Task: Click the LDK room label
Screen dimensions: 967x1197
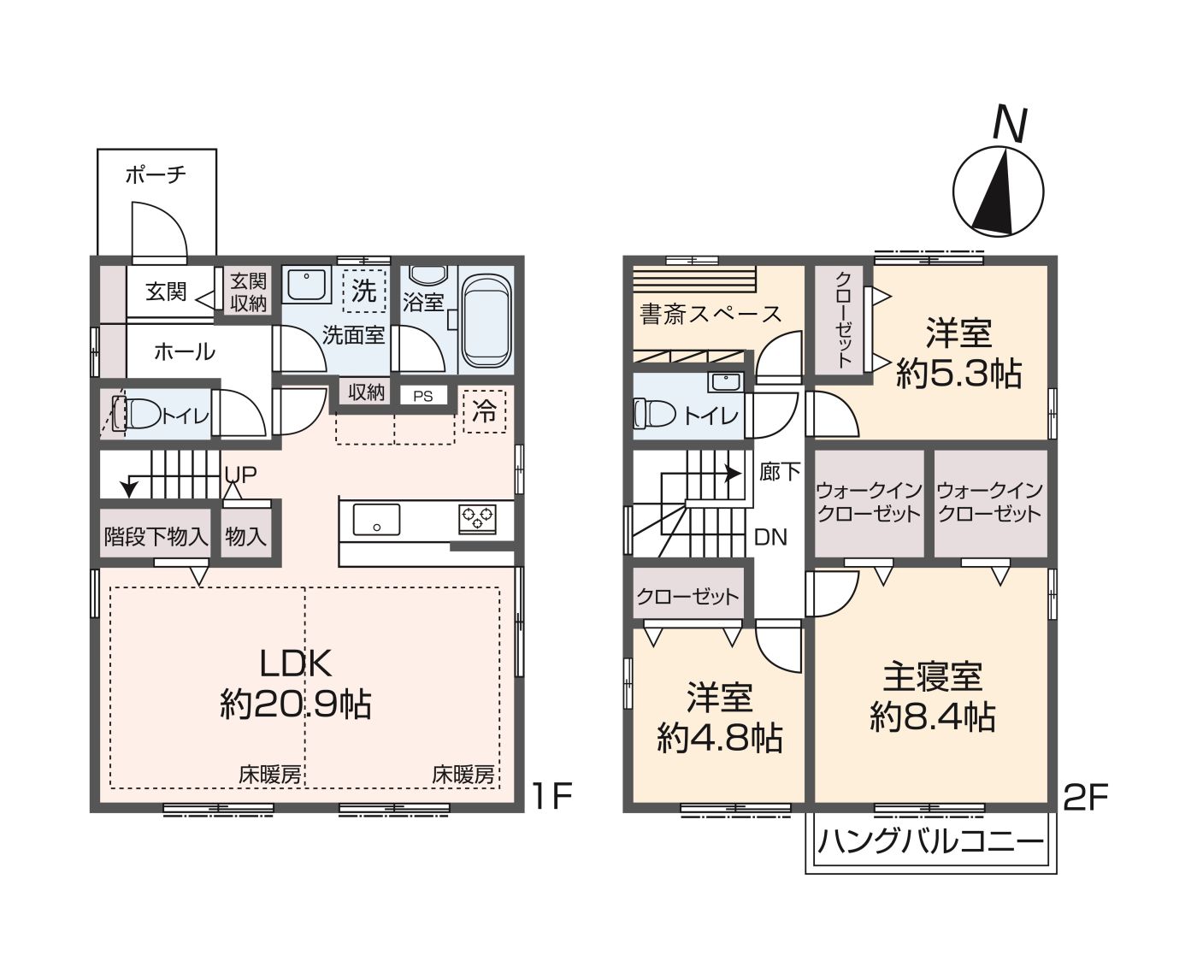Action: click(295, 663)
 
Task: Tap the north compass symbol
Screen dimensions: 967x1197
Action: click(998, 191)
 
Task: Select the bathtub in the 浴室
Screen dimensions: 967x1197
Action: click(486, 318)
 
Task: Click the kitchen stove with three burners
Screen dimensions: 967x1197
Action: click(477, 517)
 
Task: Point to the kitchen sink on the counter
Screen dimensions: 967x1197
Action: click(376, 518)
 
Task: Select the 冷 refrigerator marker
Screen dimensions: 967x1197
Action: click(484, 411)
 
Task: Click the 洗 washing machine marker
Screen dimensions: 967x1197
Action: click(364, 291)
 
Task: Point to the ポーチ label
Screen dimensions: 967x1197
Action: click(156, 175)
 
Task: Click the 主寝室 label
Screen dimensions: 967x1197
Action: click(932, 676)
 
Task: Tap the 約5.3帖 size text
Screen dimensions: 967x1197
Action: click(958, 374)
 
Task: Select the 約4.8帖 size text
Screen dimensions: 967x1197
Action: click(719, 736)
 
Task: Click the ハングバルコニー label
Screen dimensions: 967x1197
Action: click(930, 842)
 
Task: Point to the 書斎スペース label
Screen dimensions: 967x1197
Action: click(711, 315)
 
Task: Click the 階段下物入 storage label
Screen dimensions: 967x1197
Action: click(156, 537)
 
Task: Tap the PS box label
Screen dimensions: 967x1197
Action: click(422, 396)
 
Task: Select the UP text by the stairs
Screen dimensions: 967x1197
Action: click(240, 475)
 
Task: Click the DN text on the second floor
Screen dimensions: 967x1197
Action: click(770, 537)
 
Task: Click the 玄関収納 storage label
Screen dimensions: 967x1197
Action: click(248, 292)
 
